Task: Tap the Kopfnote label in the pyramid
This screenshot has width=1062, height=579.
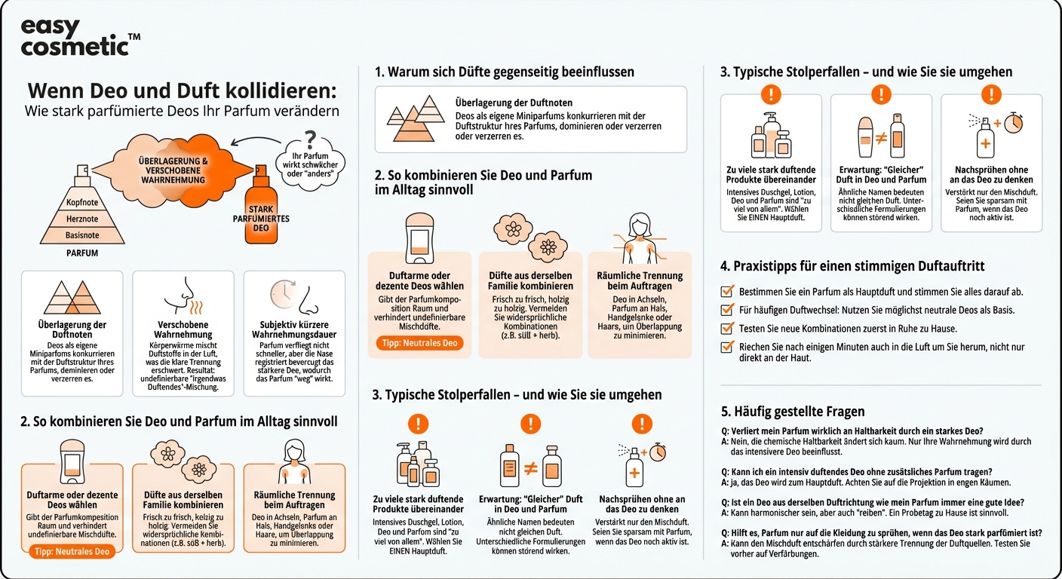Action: click(82, 202)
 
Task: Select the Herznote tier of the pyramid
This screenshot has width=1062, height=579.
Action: click(82, 219)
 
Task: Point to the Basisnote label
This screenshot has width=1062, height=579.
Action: click(82, 235)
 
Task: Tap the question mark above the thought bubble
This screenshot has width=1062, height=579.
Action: click(310, 139)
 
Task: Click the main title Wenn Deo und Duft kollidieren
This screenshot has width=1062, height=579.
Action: click(182, 90)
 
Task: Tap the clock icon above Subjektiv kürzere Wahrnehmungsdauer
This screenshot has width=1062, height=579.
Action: click(282, 294)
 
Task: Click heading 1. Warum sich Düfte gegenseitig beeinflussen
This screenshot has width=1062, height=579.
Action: click(505, 72)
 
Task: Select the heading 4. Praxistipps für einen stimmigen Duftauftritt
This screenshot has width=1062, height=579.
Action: click(852, 266)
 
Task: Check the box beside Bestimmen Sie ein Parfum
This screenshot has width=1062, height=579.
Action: click(728, 291)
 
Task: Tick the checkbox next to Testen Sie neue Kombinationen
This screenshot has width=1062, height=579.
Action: click(728, 328)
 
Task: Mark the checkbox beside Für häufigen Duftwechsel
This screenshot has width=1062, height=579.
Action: click(728, 310)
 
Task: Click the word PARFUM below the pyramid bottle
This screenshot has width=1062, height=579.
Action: click(82, 253)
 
